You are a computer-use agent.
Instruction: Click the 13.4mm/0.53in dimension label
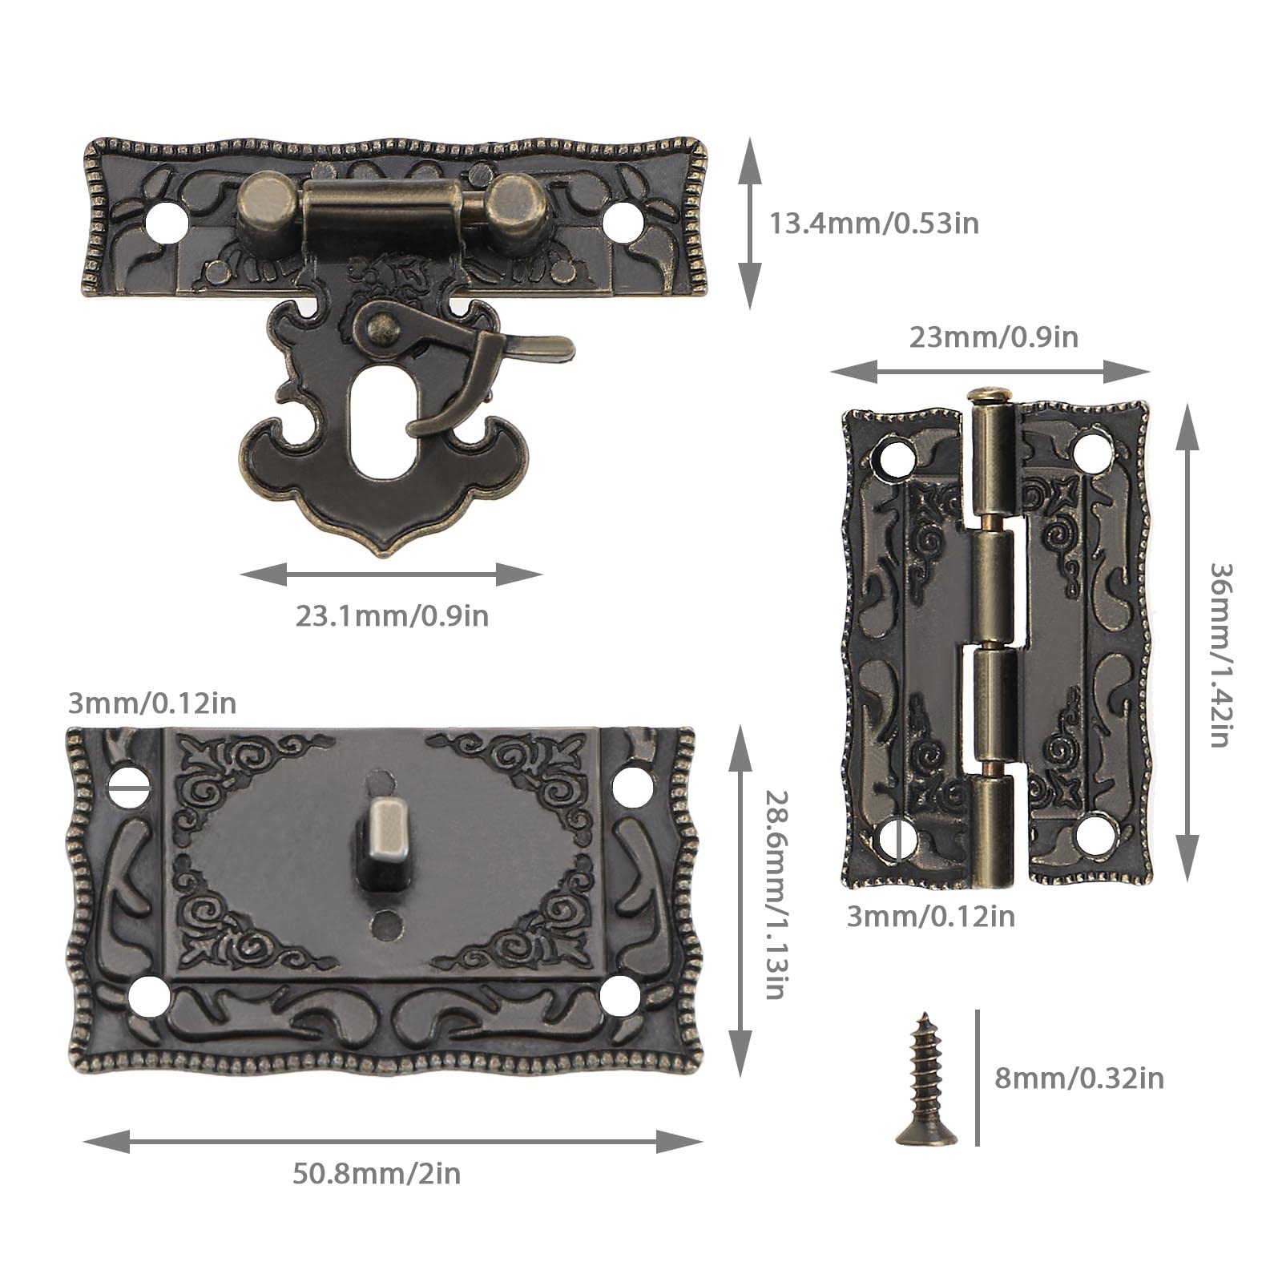coord(874,223)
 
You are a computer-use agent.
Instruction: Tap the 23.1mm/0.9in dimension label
coord(392,616)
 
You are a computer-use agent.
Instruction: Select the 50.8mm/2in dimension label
coord(376,1174)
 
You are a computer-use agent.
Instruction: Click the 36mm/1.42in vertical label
coord(1220,655)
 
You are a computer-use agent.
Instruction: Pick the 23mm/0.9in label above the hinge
coord(994,337)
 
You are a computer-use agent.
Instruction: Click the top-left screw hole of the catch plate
coord(130,784)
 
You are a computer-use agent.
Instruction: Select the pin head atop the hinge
coord(990,395)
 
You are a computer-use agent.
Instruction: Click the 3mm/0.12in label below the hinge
coord(930,916)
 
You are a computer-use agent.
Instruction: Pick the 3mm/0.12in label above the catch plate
coord(152,703)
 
